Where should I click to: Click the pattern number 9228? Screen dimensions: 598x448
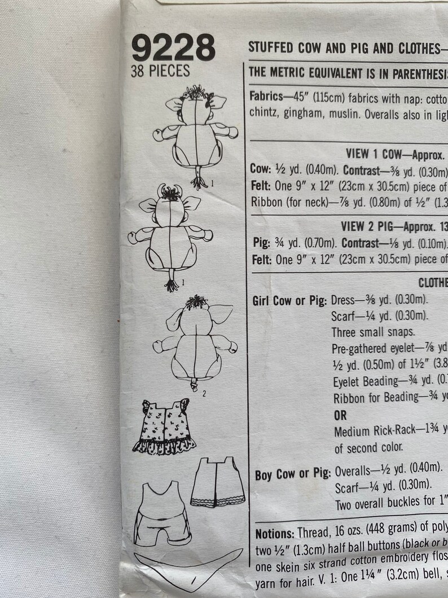[x=173, y=49]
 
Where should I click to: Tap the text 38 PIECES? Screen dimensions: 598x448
[x=160, y=72]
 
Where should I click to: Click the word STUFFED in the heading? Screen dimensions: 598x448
[x=267, y=48]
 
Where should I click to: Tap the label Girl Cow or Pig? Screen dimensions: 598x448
[x=289, y=301]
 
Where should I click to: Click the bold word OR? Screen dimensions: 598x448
[x=341, y=416]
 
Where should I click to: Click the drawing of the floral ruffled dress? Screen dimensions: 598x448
[x=164, y=426]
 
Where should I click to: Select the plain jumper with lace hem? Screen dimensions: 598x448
[x=217, y=483]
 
